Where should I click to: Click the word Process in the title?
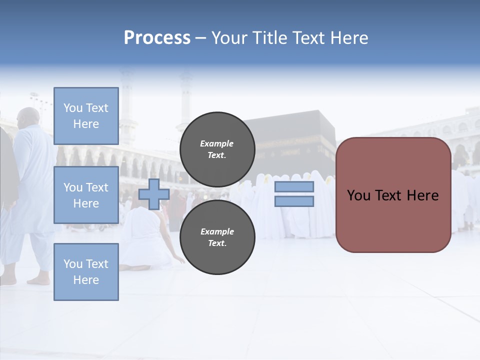click(157, 38)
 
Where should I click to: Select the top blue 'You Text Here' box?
click(86, 116)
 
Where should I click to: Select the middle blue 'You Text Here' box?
click(86, 195)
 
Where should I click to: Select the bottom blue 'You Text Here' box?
click(86, 272)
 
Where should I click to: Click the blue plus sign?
click(154, 194)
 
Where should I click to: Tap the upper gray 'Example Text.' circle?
click(217, 149)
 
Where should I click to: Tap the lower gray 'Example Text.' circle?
click(217, 237)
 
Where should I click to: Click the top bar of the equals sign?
click(294, 187)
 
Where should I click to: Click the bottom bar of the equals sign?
click(294, 201)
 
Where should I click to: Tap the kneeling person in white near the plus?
click(145, 240)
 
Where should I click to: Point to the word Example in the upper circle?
click(217, 143)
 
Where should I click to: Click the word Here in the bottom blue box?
click(86, 280)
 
